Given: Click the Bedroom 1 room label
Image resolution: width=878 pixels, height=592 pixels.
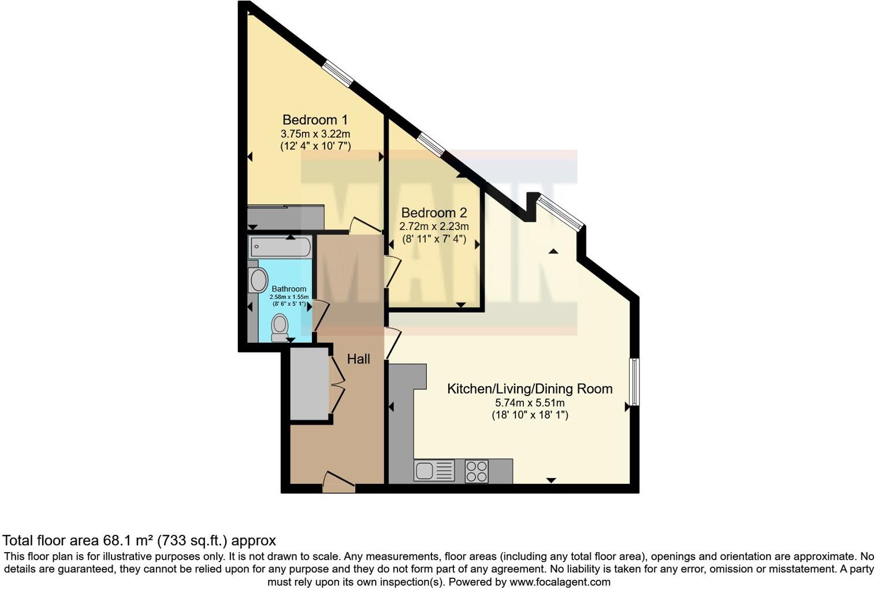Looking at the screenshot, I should pos(315,120).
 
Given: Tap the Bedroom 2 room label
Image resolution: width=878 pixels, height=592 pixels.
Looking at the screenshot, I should pos(434,213).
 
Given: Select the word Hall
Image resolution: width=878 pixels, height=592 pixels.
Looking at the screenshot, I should pos(358,359).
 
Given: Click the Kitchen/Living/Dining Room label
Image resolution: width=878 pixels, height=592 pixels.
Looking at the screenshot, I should pos(530,388).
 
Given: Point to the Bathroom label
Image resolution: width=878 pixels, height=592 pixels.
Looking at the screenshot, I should pos(289,288).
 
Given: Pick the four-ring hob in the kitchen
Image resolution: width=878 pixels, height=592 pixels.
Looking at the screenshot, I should pos(477,471).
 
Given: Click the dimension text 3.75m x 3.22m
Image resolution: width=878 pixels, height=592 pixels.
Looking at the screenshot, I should pos(315,134).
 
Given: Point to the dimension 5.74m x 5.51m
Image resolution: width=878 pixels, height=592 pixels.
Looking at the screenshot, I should pos(530,403).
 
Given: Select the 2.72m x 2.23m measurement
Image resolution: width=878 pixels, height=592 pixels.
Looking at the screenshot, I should pos(434,226).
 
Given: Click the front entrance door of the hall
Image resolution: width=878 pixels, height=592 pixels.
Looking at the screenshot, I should pos(338,483).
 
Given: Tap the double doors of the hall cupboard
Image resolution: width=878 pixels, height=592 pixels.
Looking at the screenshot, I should pos(337,384).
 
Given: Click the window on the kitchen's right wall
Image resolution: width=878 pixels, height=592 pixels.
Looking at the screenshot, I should pos(634,382).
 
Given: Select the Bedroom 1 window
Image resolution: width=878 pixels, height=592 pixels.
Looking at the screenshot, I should pos(337,75).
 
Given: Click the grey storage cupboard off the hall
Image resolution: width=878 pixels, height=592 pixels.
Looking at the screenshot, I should pos(309,384).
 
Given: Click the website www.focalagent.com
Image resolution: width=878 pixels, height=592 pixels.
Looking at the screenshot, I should pos(560,582).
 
